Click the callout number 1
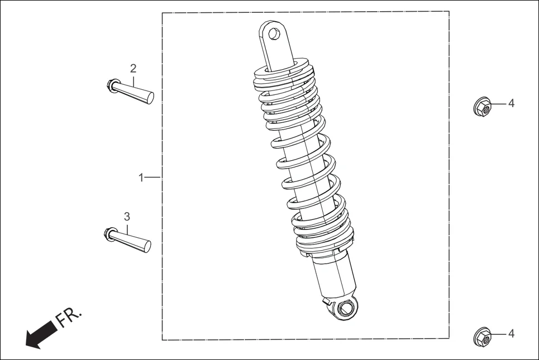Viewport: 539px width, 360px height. click(141, 177)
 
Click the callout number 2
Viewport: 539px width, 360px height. click(133, 69)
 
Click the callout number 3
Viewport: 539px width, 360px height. click(127, 216)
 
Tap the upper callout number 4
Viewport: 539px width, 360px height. click(511, 104)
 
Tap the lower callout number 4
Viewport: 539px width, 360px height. click(511, 333)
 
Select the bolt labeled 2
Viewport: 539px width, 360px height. click(132, 90)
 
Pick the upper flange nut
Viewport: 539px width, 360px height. click(482, 107)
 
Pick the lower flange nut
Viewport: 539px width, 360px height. click(482, 337)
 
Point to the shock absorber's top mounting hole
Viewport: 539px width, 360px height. click(274, 34)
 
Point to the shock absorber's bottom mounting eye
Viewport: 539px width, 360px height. click(345, 308)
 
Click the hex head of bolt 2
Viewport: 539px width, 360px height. click(112, 85)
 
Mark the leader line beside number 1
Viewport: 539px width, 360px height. click(153, 177)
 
